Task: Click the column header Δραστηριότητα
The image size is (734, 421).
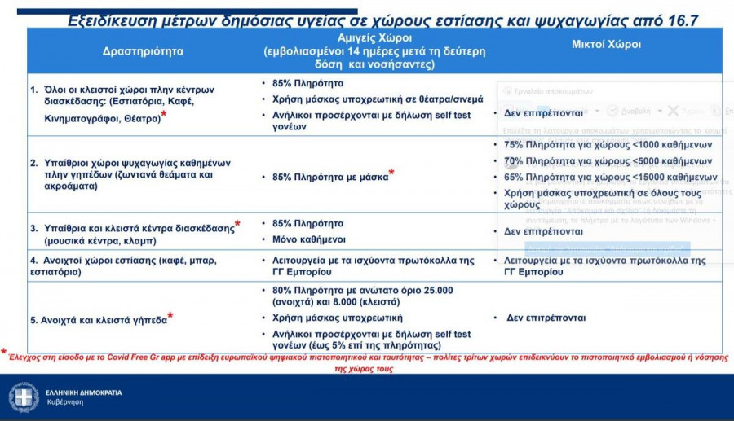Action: pyautogui.click(x=144, y=50)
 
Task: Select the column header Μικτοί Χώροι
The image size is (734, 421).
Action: pyautogui.click(x=606, y=45)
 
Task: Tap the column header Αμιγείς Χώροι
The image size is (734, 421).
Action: pyautogui.click(x=374, y=38)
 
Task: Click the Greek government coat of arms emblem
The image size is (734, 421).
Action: pyautogui.click(x=24, y=397)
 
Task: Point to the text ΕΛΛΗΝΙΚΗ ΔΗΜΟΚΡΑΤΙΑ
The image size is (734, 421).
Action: pyautogui.click(x=85, y=392)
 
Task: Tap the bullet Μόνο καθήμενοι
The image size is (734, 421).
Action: pyautogui.click(x=308, y=239)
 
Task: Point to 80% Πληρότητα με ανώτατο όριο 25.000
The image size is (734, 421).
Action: pyautogui.click(x=362, y=290)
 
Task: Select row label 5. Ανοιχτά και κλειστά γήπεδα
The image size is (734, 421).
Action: pyautogui.click(x=99, y=320)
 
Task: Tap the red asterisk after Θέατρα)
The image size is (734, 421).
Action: pyautogui.click(x=164, y=116)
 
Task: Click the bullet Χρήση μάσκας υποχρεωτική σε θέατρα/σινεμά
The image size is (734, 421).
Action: pyautogui.click(x=378, y=99)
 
